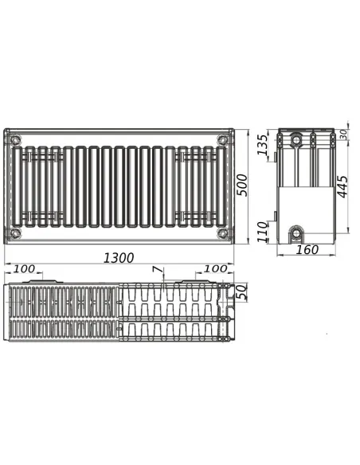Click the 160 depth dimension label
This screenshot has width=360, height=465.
pyautogui.click(x=307, y=250)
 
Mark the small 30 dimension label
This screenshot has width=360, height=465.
pyautogui.click(x=344, y=134)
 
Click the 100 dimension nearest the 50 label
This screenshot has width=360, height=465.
pyautogui.click(x=215, y=270)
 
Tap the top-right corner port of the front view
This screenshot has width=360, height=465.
pyautogui.click(x=222, y=140)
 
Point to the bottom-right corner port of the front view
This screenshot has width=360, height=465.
pyautogui.click(x=222, y=233)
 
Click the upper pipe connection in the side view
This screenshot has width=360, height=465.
pyautogui.click(x=296, y=141)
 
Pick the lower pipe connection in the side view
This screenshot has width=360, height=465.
pyautogui.click(x=297, y=234)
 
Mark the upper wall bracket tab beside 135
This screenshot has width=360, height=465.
pyautogui.click(x=276, y=155)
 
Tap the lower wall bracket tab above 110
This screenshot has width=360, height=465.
pyautogui.click(x=275, y=215)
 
